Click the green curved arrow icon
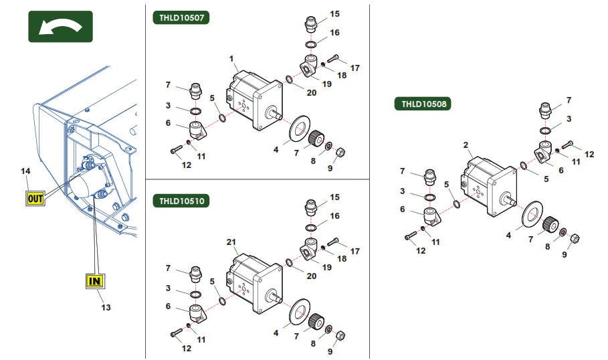tap(60, 27)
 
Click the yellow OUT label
tap(35, 198)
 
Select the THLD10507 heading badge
tap(181, 18)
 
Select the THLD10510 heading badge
tap(181, 201)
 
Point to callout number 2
tap(466, 145)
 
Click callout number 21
tap(231, 242)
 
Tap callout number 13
tap(106, 308)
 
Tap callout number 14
tap(25, 172)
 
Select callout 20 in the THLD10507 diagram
tap(311, 92)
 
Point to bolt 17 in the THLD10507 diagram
tap(334, 58)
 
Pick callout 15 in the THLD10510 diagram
tap(334, 197)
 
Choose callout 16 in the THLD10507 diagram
tap(334, 33)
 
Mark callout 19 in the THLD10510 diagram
tap(327, 267)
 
